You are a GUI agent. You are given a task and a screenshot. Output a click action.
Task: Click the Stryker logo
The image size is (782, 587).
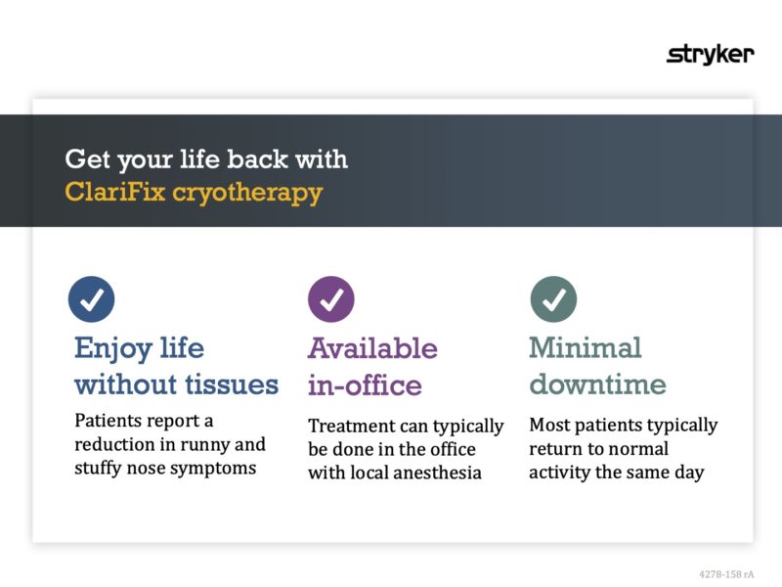[710, 54]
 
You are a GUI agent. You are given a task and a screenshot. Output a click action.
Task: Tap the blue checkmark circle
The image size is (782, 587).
[91, 299]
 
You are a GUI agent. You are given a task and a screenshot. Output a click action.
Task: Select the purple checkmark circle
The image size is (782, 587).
[331, 299]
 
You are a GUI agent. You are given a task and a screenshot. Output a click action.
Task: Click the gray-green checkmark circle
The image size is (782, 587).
[553, 299]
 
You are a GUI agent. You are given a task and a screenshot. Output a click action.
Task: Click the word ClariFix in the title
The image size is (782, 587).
[114, 192]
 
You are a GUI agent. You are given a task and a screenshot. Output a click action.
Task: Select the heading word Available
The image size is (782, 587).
[372, 347]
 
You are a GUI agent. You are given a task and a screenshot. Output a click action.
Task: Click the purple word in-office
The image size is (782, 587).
[365, 384]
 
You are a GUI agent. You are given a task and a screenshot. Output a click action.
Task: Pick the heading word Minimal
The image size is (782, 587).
[585, 347]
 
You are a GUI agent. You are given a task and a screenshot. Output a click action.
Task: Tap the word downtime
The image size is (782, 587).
[597, 384]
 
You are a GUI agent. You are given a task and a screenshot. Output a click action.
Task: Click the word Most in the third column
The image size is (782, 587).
[548, 426]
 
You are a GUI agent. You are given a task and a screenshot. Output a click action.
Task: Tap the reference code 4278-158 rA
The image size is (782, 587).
[726, 574]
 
